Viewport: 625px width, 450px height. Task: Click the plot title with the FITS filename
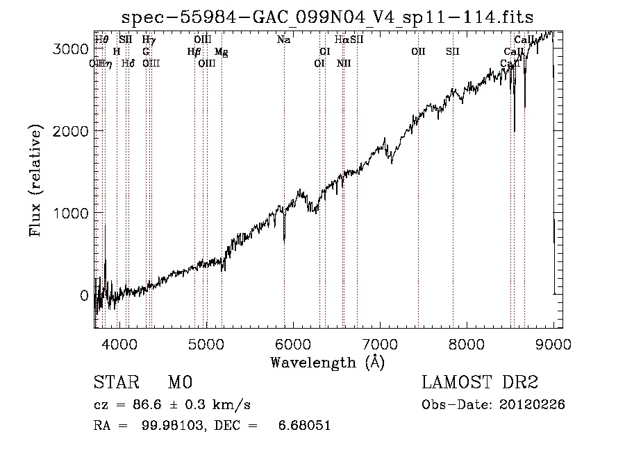click(328, 17)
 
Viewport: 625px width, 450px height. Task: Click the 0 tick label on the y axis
click(84, 295)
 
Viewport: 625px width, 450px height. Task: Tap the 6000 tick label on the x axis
click(293, 343)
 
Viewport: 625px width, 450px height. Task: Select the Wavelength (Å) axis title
click(327, 361)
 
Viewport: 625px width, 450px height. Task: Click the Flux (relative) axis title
click(35, 181)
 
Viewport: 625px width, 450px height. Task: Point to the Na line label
click(283, 40)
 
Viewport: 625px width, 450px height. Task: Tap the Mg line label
click(221, 52)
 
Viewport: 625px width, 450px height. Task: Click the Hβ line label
click(194, 52)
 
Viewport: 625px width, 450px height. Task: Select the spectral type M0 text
click(179, 382)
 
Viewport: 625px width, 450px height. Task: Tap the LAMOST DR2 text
click(480, 382)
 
